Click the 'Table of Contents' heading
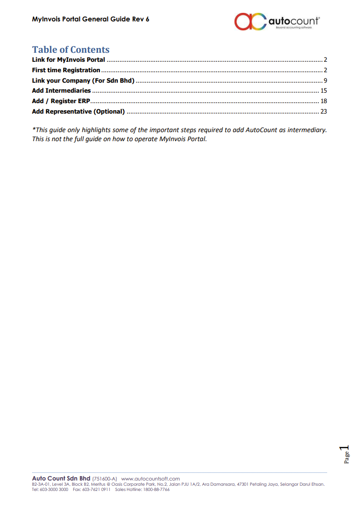pos(70,49)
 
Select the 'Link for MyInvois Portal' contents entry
pos(68,60)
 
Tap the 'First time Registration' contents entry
pos(66,70)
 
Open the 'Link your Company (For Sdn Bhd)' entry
pos(83,80)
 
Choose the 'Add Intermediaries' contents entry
pos(61,90)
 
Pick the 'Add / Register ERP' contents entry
pos(61,101)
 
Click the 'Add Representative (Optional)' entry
pos(78,111)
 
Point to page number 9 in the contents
pos(325,80)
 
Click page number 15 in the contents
pos(324,90)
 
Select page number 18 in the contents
pos(324,101)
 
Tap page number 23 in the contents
pos(324,111)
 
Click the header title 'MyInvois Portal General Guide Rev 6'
pos(91,19)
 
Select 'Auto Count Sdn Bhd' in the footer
pos(61,478)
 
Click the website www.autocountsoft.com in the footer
pos(151,479)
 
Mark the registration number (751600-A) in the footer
pos(105,479)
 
